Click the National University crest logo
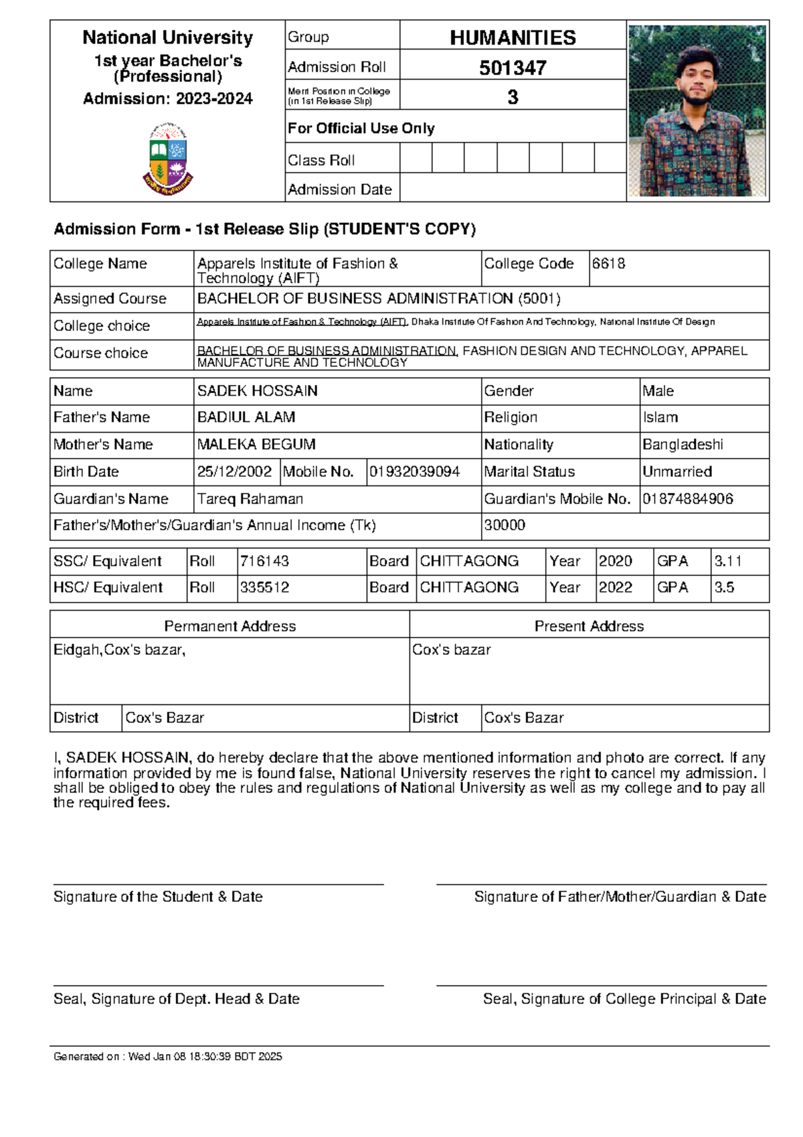167,159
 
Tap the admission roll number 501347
513,68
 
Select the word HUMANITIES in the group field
513,37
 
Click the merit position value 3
513,98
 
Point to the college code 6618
608,264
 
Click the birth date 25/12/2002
234,472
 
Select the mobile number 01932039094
414,472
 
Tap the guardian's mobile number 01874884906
687,499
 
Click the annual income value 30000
505,526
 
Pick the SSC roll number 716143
264,561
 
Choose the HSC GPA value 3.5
724,587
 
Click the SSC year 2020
615,561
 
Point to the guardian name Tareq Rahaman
250,499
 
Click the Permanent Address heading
230,626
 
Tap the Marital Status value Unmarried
677,472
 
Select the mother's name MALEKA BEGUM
256,445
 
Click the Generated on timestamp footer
168,1057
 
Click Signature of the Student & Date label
158,897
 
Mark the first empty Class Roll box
416,159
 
